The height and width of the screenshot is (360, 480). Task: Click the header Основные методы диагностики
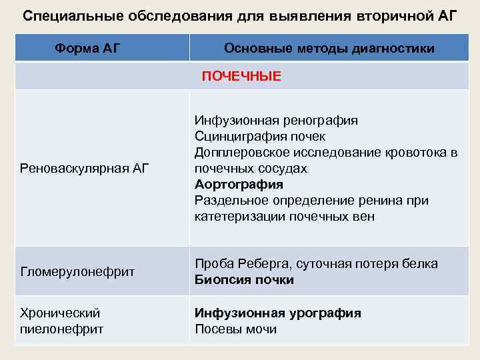click(x=329, y=48)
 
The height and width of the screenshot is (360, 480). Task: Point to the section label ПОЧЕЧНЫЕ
click(x=241, y=77)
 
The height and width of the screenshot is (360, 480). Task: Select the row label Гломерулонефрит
click(x=78, y=271)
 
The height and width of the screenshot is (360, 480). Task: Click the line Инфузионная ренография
click(x=276, y=121)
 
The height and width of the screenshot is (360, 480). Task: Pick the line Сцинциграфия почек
click(x=260, y=137)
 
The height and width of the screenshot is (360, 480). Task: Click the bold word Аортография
click(x=239, y=185)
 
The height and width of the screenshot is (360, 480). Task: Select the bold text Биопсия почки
click(x=244, y=279)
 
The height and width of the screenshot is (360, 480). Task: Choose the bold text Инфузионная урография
click(x=278, y=313)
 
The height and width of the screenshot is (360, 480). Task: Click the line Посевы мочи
click(x=235, y=329)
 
